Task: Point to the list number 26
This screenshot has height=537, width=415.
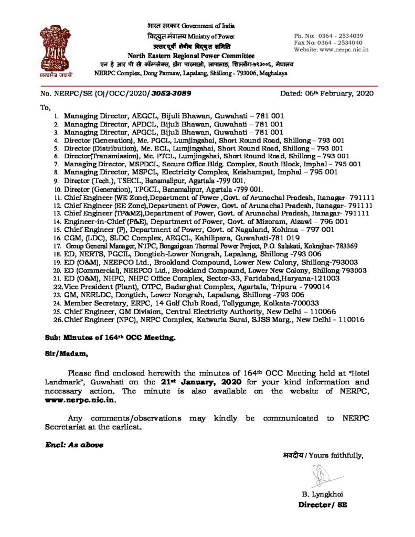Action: point(58,320)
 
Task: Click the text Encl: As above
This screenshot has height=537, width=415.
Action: point(73,445)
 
